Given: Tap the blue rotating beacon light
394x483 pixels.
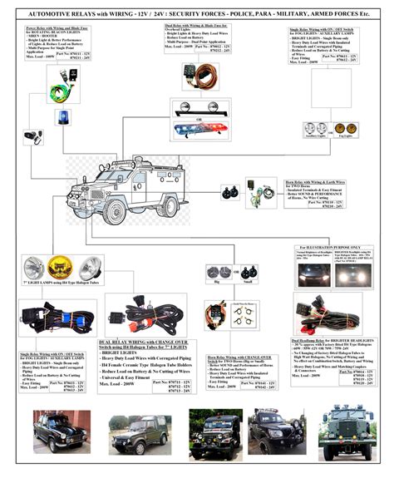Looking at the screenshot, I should [x=64, y=117].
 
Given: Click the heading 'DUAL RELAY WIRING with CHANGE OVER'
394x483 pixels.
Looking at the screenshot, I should [x=146, y=342].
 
